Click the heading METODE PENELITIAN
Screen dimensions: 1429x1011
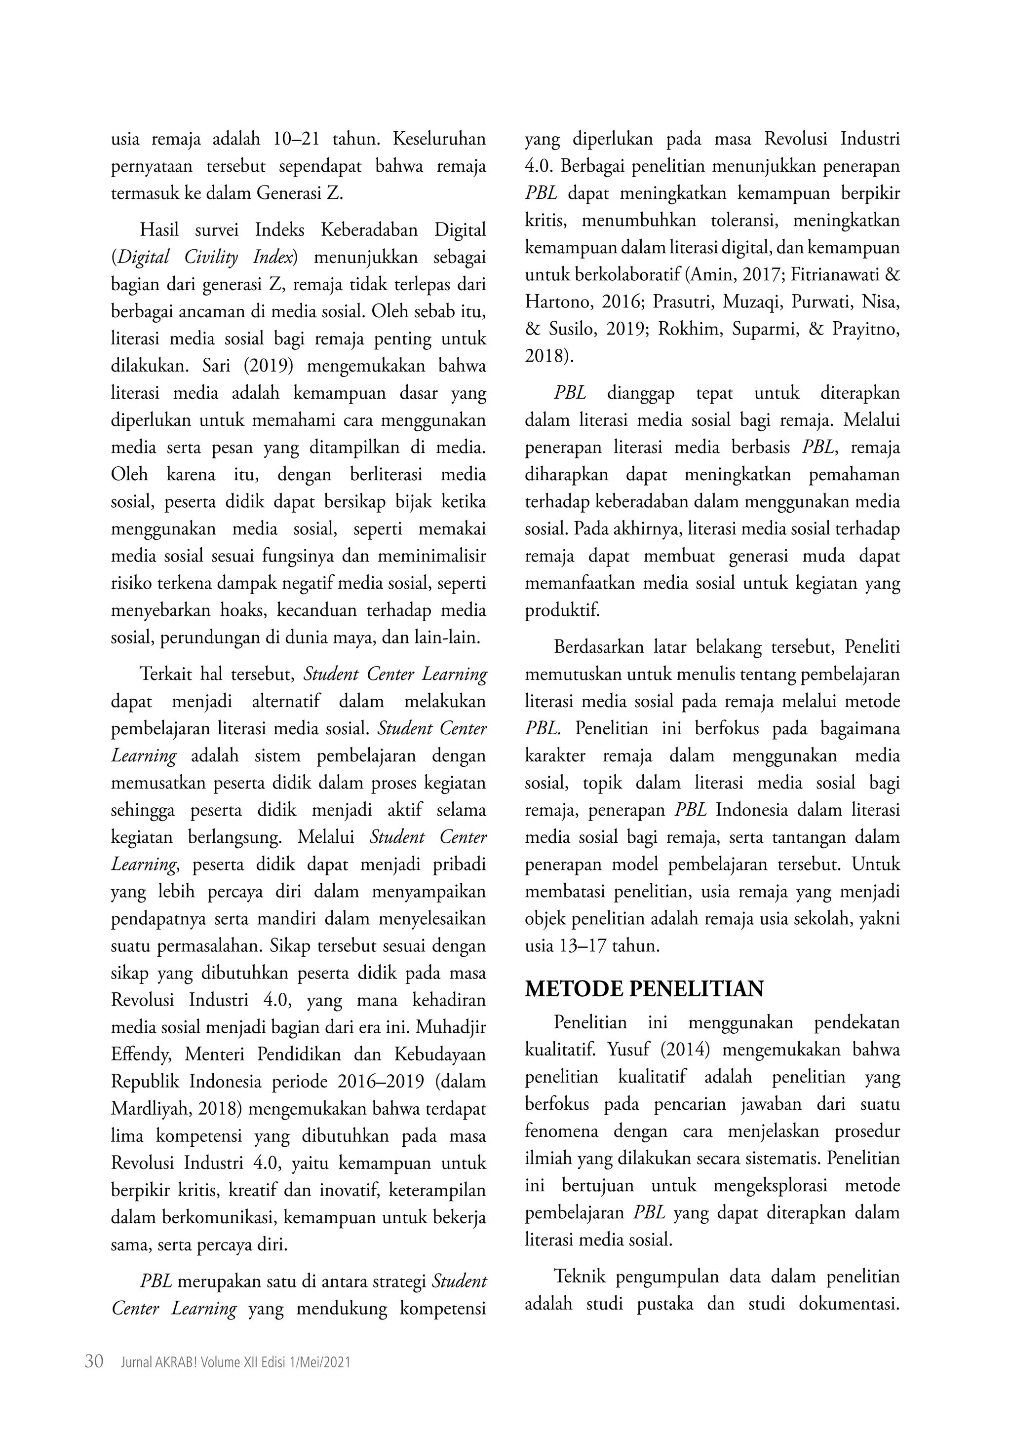coord(644,989)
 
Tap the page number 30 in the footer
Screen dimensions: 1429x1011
coord(93,1361)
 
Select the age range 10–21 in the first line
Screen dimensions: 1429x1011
coord(296,140)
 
